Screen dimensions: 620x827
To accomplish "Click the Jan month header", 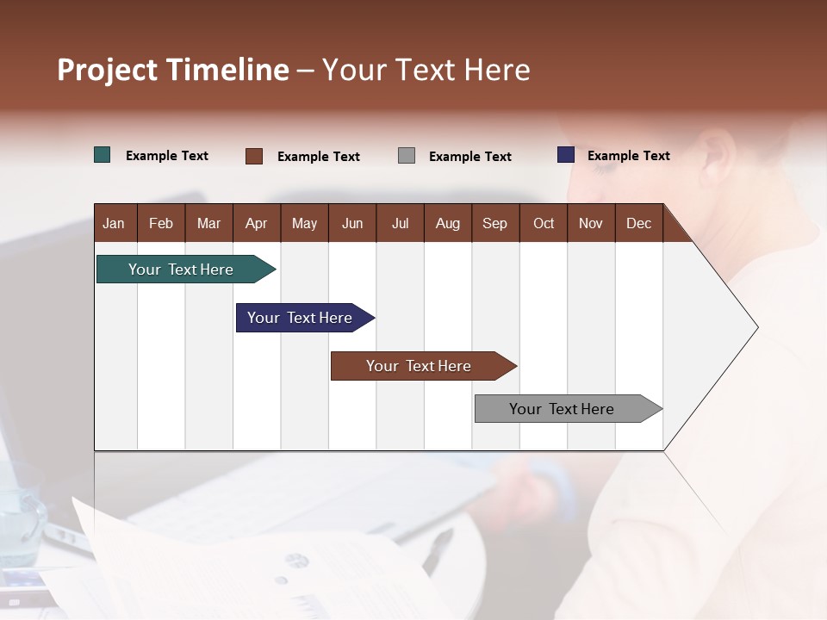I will pos(114,223).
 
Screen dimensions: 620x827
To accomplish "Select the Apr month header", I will pos(256,223).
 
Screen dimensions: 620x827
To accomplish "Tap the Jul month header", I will pos(400,223).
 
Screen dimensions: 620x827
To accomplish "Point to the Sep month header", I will pos(494,223).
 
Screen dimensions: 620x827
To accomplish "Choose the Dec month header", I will pos(638,223).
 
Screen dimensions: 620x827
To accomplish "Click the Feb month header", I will pos(161,223).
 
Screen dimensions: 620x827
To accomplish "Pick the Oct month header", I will pos(544,223).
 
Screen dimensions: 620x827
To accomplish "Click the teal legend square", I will pos(103,155).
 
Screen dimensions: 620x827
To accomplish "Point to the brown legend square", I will pos(254,156).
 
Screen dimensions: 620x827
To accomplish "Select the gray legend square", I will pos(407,156).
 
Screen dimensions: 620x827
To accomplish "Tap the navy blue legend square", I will pos(566,155).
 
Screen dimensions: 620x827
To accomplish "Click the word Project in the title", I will pos(108,70).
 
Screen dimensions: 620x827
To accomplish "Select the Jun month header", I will pos(352,223).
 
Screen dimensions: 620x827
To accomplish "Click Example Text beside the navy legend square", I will pos(628,156).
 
